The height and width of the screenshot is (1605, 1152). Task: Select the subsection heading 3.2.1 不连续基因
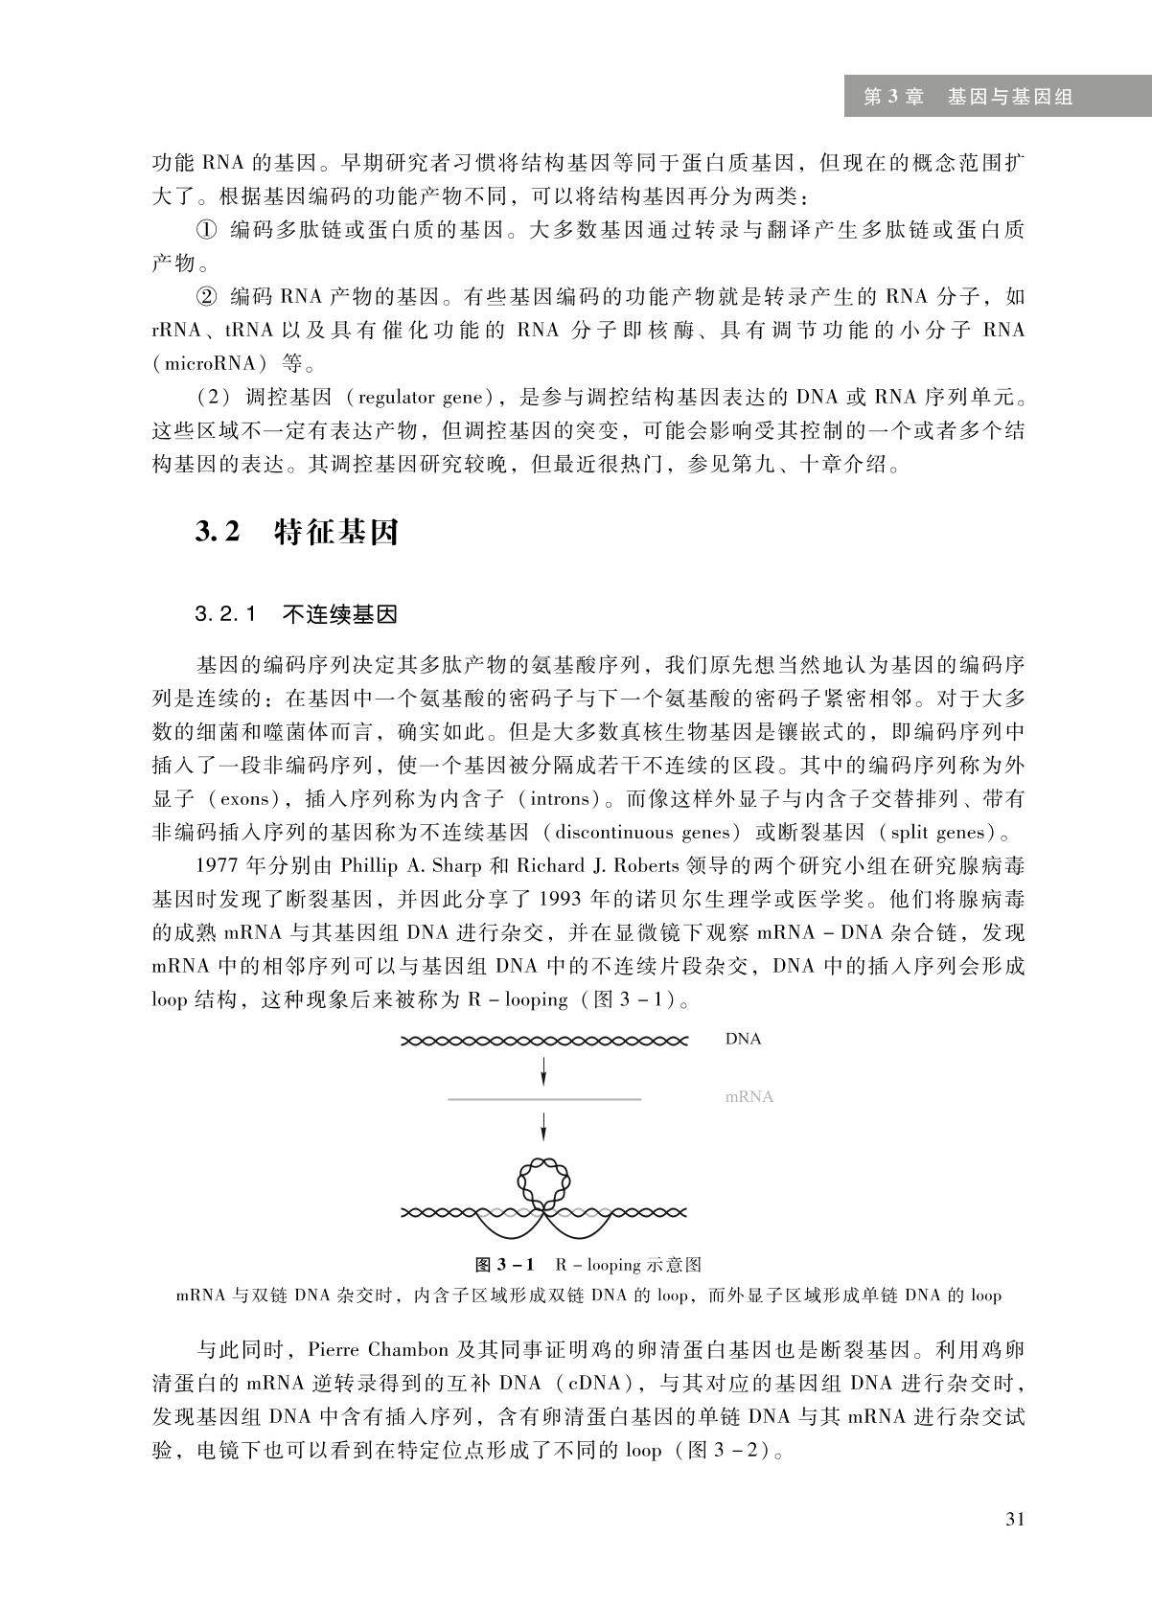296,614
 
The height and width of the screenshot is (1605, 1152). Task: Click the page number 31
1014,1520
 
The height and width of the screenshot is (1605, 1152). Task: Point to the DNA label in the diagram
743,1039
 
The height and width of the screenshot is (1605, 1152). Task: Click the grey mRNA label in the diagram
749,1097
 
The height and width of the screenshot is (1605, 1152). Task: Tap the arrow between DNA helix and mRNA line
543,1070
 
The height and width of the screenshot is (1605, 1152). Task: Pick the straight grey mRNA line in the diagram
543,1098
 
